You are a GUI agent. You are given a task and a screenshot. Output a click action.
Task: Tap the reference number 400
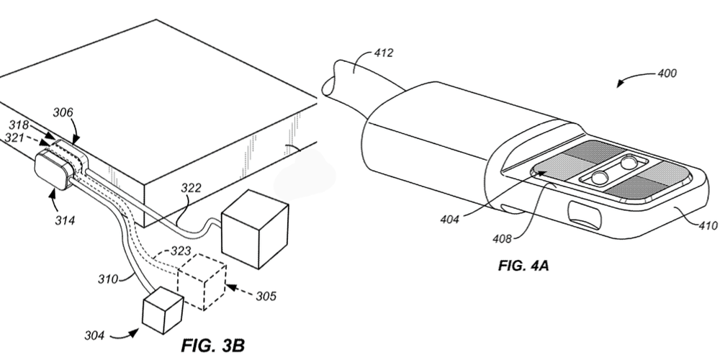[667, 73]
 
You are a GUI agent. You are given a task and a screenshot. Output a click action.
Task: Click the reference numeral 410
[707, 225]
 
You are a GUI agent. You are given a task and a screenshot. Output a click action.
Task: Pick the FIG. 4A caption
[523, 266]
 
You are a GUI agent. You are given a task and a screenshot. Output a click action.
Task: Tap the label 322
[191, 189]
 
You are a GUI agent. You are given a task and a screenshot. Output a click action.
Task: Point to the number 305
[267, 295]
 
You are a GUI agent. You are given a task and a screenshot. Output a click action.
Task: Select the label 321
[16, 135]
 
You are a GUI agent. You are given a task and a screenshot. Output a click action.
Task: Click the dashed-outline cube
[202, 284]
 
